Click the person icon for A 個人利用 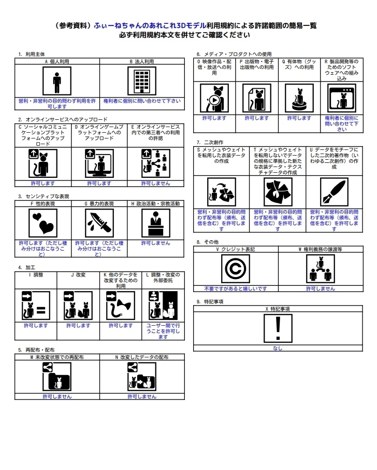57,81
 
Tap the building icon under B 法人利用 142,81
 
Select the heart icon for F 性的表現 43,223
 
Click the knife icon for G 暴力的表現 99,223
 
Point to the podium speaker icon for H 156,223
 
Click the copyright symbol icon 236,269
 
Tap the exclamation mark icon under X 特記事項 278,328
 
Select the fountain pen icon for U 334,192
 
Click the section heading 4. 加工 26,267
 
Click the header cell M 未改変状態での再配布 57,357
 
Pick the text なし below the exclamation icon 278,348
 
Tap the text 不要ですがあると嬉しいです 236,288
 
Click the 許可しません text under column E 155,183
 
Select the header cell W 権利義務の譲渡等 321,249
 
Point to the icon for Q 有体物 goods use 299,98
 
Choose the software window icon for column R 342,98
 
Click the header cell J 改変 78,274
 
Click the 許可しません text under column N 142,396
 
